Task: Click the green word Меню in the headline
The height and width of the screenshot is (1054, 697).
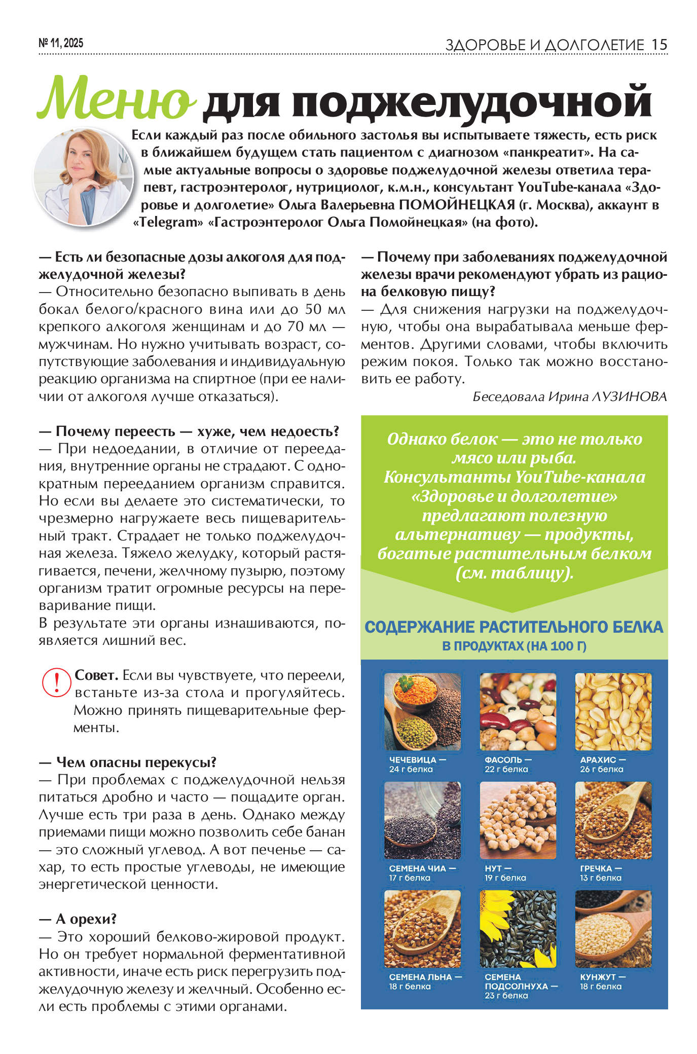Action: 116,99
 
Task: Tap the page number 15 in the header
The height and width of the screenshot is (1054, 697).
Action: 659,45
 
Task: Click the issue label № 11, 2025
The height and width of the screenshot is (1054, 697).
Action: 61,44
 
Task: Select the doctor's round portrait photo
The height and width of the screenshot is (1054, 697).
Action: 84,176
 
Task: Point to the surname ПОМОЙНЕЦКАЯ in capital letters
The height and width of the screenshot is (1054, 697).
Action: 457,205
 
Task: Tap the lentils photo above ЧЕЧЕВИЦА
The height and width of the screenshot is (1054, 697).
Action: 422,711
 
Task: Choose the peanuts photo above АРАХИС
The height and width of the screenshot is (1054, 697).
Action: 613,711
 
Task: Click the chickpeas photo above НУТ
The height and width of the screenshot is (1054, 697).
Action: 518,820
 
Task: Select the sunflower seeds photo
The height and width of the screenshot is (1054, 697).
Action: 518,929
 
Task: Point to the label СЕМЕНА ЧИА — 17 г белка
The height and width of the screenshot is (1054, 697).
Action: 422,873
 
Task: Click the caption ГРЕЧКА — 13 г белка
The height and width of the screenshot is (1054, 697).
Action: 601,873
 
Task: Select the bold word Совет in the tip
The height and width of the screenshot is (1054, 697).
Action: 96,675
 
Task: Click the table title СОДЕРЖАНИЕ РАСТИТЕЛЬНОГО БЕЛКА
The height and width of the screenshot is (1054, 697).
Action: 513,627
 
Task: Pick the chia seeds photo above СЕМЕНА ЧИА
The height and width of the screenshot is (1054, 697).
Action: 422,820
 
